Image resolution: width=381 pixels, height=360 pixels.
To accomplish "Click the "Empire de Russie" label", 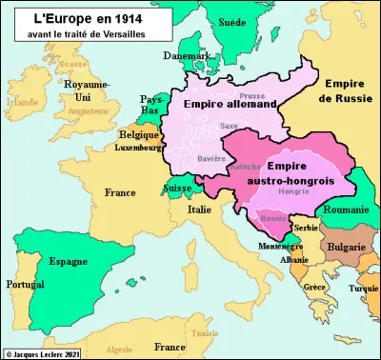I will pos(348,90).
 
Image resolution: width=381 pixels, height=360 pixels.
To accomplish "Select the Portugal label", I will pos(21,285).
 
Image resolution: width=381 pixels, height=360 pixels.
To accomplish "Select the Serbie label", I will pos(307,230).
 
